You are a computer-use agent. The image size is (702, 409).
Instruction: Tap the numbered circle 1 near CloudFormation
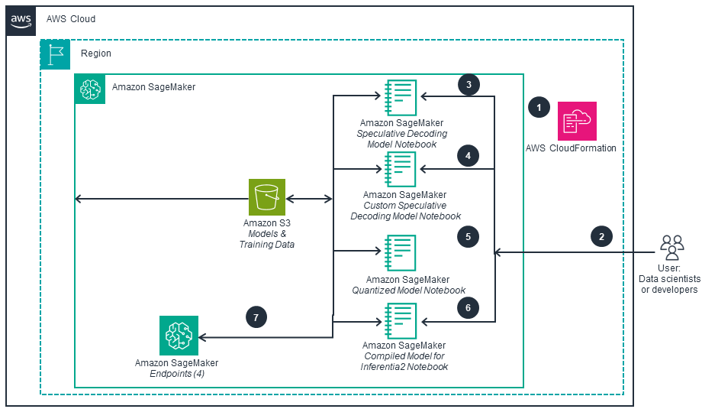coord(539,108)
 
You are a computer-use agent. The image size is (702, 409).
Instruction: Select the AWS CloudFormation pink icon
coord(578,120)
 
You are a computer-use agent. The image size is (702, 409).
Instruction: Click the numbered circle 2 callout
coord(601,236)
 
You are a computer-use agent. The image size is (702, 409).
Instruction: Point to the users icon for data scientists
coord(671,245)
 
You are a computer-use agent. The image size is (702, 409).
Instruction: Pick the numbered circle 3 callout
coord(469,84)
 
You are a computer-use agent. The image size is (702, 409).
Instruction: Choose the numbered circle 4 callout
coord(469,156)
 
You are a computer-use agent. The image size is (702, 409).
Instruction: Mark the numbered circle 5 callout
coord(469,236)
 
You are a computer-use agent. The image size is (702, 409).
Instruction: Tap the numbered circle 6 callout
coord(469,307)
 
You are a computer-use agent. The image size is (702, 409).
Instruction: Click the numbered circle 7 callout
coord(256,316)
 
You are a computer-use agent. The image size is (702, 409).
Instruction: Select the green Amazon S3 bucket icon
coord(267,197)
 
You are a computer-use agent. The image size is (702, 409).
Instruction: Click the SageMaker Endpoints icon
coord(179,335)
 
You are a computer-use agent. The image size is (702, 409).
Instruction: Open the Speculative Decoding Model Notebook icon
coord(401,97)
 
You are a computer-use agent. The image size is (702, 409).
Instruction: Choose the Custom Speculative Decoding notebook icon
coord(401,169)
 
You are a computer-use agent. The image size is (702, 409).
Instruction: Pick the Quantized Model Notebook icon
coord(401,254)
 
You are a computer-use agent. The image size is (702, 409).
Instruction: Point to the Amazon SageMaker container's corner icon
coord(90,88)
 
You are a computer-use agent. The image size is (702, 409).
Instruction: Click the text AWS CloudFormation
coord(571,148)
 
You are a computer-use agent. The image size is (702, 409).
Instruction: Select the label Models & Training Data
coord(267,239)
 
